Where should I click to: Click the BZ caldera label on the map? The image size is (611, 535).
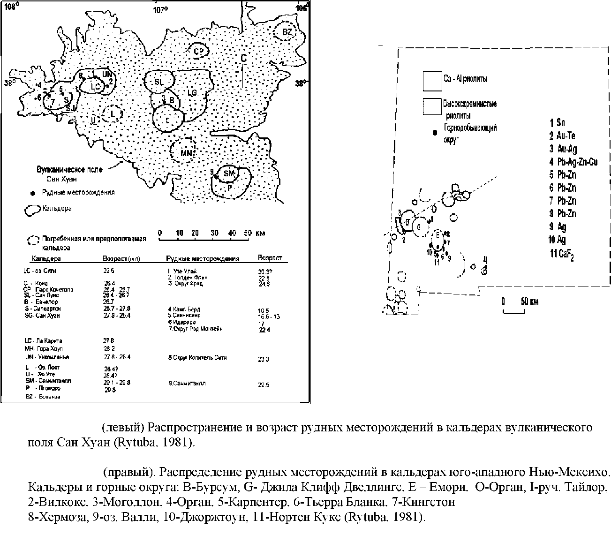point(287,32)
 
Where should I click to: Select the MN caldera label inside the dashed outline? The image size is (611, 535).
point(187,152)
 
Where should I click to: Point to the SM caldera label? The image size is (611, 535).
point(229,174)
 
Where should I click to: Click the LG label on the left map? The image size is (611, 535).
point(192,93)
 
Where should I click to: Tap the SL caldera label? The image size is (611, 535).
point(158,81)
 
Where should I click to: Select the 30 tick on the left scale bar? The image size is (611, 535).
point(214,233)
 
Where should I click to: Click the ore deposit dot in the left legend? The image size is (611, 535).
point(32,192)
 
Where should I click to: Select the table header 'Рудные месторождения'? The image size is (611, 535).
point(203,258)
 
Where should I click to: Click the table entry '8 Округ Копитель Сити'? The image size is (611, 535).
point(197,358)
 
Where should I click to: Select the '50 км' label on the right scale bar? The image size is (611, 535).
point(529,301)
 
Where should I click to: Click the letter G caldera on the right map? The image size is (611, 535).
point(419,227)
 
